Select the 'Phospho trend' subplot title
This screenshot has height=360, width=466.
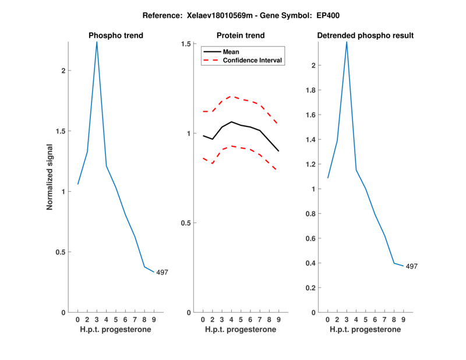pyautogui.click(x=115, y=36)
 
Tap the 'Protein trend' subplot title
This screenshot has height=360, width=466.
pyautogui.click(x=240, y=36)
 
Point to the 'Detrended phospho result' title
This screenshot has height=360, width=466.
pyautogui.click(x=365, y=36)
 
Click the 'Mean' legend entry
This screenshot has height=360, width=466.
pyautogui.click(x=231, y=52)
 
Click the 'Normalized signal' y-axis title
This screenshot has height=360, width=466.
pyautogui.click(x=50, y=178)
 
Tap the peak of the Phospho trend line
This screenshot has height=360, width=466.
pyautogui.click(x=97, y=41)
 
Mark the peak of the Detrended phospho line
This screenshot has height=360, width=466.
pyautogui.click(x=347, y=41)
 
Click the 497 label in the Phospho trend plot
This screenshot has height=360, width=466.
pyautogui.click(x=163, y=272)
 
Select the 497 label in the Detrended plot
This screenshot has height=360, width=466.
pyautogui.click(x=412, y=266)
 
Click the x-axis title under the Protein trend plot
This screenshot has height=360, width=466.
pyautogui.click(x=240, y=330)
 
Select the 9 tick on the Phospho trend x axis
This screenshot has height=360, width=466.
pyautogui.click(x=154, y=320)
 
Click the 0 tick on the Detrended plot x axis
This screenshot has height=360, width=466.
pyautogui.click(x=327, y=320)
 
